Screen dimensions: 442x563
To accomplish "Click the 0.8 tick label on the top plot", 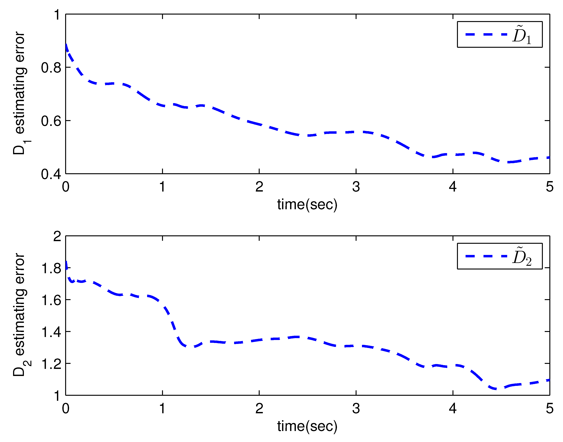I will [51, 68].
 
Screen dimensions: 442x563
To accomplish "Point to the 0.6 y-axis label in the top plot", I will [51, 121].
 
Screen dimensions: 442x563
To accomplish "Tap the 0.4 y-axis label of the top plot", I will [51, 174].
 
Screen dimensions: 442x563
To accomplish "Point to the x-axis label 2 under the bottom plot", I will [259, 409].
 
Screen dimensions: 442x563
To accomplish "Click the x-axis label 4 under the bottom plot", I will [453, 409].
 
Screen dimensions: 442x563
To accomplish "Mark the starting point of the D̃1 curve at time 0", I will [66, 45].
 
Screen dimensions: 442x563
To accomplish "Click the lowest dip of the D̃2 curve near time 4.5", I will [496, 389].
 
